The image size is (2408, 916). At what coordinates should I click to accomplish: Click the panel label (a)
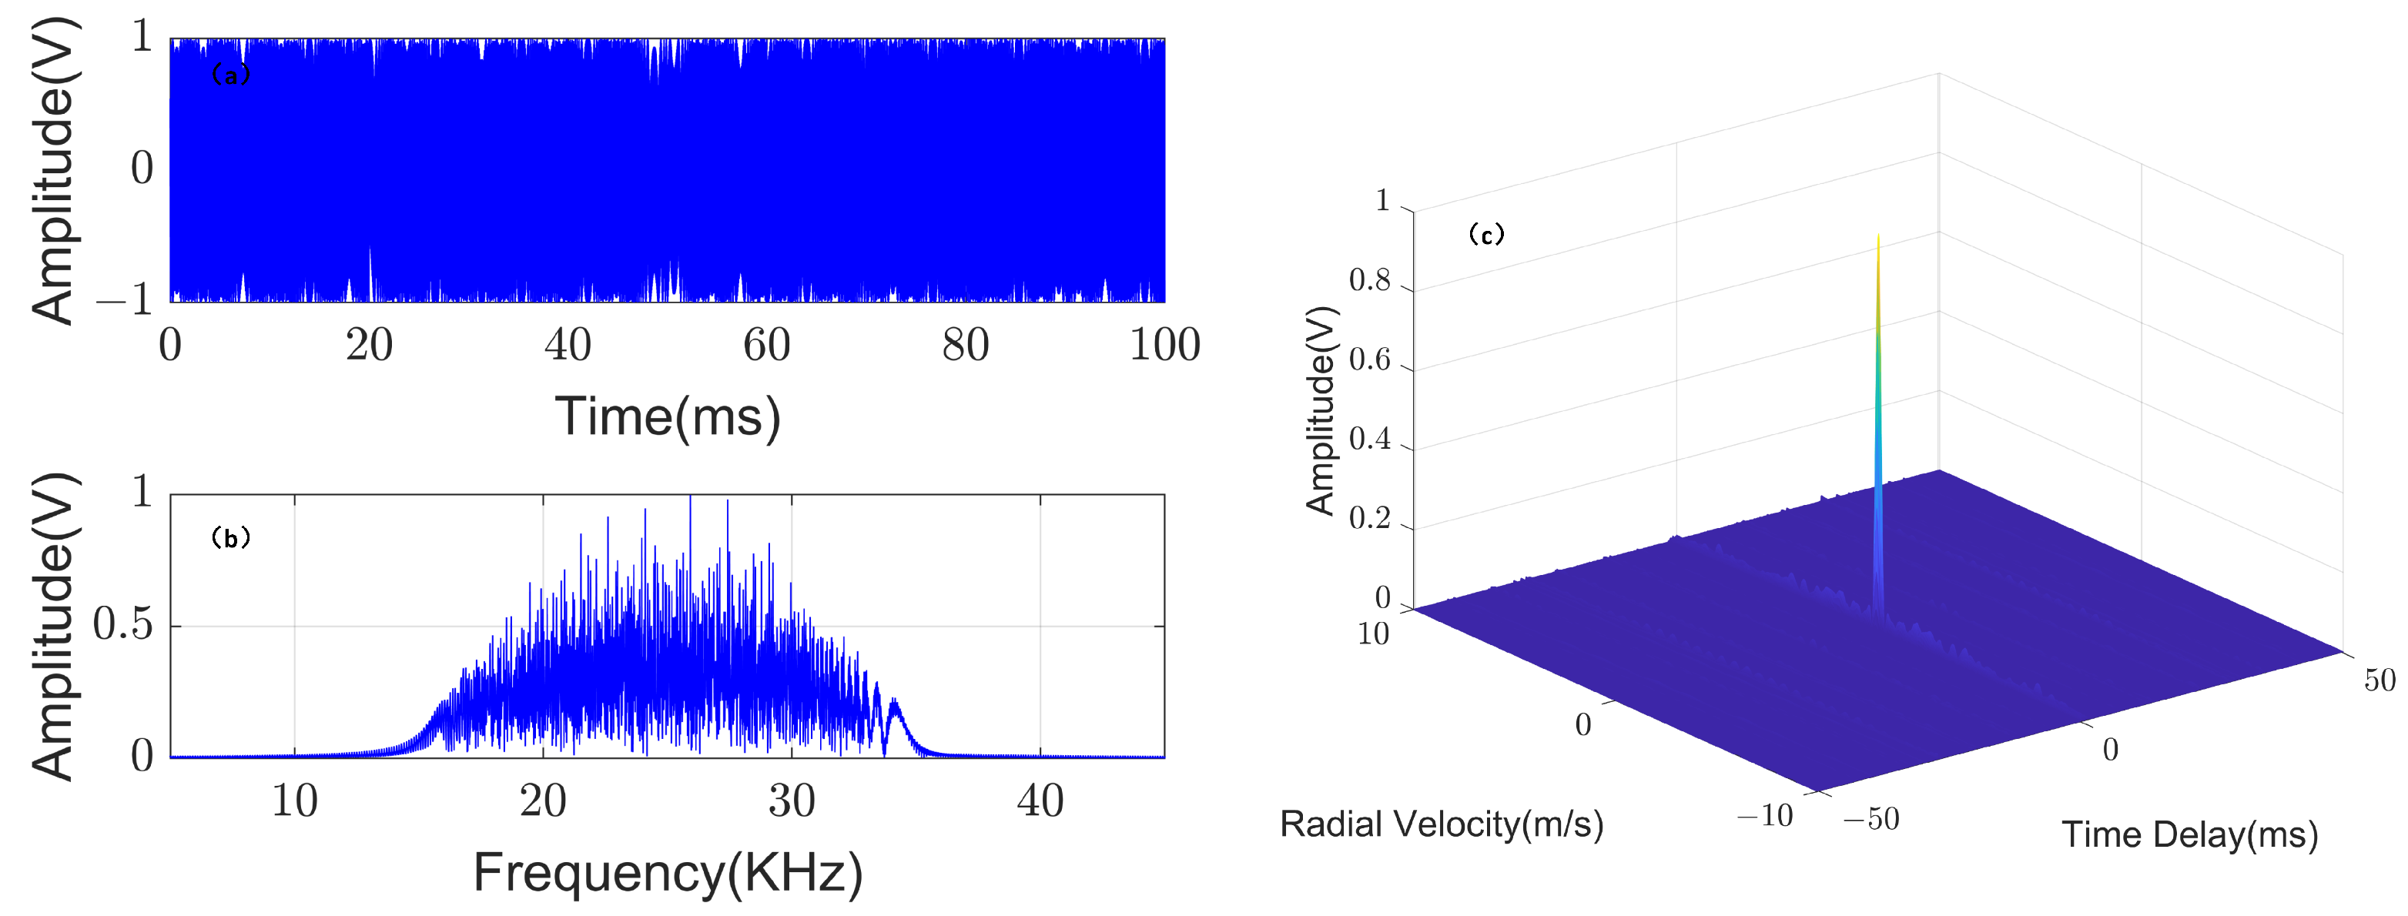pyautogui.click(x=231, y=75)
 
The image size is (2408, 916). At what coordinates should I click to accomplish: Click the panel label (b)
pyautogui.click(x=231, y=537)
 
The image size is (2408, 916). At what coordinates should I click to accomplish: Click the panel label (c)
pyautogui.click(x=1486, y=234)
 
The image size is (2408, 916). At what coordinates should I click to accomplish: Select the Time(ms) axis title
pyautogui.click(x=668, y=417)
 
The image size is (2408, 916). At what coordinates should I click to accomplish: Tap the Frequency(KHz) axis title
pyautogui.click(x=668, y=873)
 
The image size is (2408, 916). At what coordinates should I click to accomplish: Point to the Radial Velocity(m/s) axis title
pyautogui.click(x=1442, y=824)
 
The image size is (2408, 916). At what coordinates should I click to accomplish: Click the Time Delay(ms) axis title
pyautogui.click(x=2190, y=834)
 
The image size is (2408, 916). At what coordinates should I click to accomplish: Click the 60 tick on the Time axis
pyautogui.click(x=766, y=345)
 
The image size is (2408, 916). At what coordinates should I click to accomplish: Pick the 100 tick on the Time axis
pyautogui.click(x=1165, y=345)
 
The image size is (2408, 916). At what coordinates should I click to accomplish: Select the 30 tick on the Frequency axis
pyautogui.click(x=792, y=801)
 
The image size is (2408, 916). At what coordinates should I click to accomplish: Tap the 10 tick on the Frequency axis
pyautogui.click(x=294, y=801)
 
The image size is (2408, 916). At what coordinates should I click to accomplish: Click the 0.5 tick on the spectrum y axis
pyautogui.click(x=123, y=624)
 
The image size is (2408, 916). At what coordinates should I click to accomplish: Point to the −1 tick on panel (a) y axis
pyautogui.click(x=124, y=300)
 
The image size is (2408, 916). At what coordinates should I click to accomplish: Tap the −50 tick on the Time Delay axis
pyautogui.click(x=1870, y=819)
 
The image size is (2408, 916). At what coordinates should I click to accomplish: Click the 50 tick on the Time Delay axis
pyautogui.click(x=2380, y=680)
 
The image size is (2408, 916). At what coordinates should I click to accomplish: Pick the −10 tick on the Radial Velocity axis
pyautogui.click(x=1765, y=816)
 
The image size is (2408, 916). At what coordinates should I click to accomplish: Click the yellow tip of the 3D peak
pyautogui.click(x=1878, y=257)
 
